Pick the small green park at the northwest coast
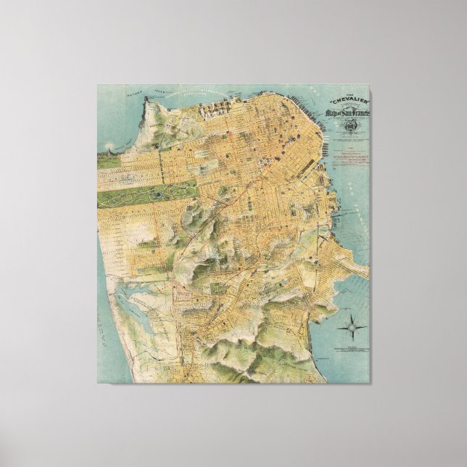point(109,160)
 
